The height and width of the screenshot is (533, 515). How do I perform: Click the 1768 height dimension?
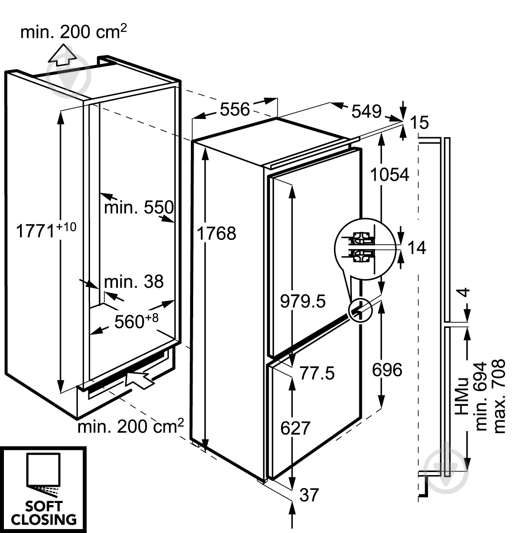216,233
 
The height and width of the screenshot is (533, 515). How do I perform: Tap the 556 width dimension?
235,109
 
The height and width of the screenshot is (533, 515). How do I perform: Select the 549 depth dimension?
366,111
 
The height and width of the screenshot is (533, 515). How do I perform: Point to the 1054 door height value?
389,174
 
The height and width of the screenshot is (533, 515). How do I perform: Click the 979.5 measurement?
303,301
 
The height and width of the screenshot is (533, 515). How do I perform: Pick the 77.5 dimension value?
317,373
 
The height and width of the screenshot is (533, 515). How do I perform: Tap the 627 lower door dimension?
295,428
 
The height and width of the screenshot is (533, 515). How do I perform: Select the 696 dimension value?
387,370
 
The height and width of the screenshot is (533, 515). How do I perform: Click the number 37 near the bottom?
309,495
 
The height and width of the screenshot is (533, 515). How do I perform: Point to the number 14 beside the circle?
417,247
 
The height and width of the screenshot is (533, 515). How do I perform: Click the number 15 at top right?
419,122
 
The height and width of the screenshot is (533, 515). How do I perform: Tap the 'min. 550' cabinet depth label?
139,207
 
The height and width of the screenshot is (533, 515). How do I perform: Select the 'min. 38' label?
134,281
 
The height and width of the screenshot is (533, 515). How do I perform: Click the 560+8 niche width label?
136,321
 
